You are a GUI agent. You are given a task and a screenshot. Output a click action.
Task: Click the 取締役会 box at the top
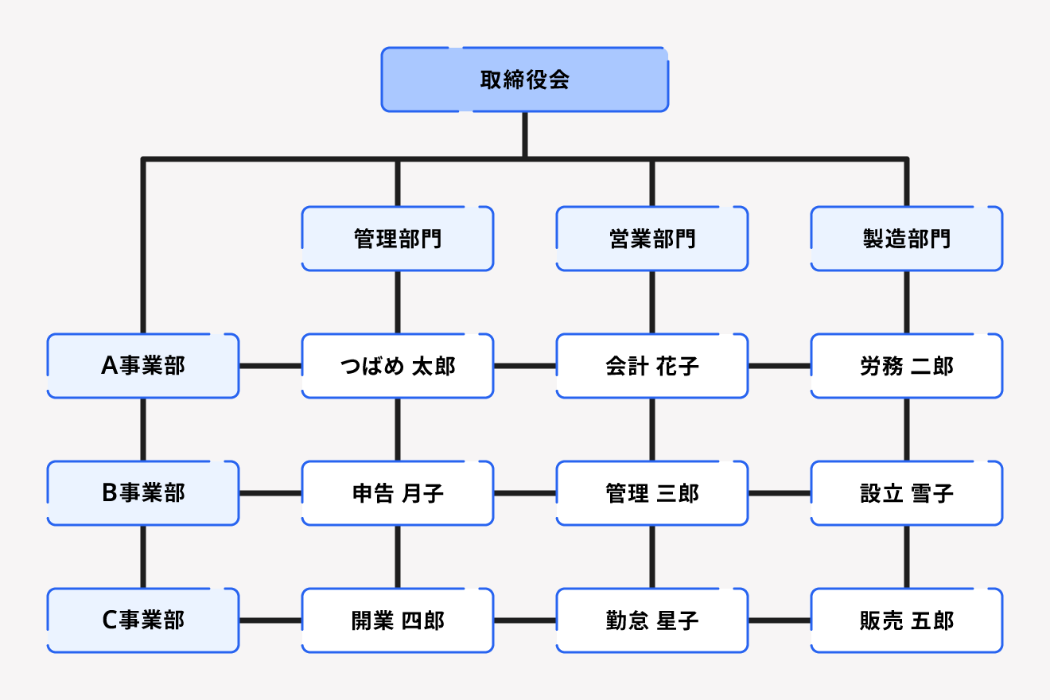click(x=525, y=80)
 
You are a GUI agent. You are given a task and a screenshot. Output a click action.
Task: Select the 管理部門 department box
click(x=398, y=239)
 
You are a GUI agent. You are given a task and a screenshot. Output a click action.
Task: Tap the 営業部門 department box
click(x=652, y=239)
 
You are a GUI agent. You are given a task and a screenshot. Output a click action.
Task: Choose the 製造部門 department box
click(x=907, y=239)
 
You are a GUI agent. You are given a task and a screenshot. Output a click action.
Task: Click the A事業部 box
click(x=143, y=366)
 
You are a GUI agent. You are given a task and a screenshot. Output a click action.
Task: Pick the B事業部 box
click(x=143, y=493)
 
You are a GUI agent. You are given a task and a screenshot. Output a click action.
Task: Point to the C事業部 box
click(x=143, y=620)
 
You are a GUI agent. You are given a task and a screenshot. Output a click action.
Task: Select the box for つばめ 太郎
click(x=398, y=366)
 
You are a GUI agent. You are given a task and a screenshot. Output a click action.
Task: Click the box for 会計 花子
click(x=652, y=366)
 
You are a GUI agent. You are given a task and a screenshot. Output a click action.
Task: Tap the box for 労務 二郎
click(x=907, y=366)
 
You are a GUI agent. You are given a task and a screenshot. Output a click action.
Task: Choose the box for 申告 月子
click(x=398, y=493)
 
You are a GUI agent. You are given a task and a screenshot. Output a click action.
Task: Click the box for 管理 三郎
click(x=652, y=493)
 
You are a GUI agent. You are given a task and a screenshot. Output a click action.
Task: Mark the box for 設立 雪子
click(x=907, y=493)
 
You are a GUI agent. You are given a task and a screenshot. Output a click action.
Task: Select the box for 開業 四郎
click(x=398, y=620)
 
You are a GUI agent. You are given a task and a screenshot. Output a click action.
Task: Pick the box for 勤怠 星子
click(x=652, y=620)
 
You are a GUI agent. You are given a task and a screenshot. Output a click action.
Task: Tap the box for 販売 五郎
click(x=907, y=620)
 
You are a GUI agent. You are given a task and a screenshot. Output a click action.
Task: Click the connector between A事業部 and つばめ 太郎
click(x=270, y=366)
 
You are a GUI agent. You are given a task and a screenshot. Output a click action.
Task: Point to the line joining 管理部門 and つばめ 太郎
click(x=398, y=302)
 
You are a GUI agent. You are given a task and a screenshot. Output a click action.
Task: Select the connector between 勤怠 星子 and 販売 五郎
click(x=780, y=620)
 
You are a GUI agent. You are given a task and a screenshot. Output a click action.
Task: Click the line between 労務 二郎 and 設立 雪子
click(x=907, y=430)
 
